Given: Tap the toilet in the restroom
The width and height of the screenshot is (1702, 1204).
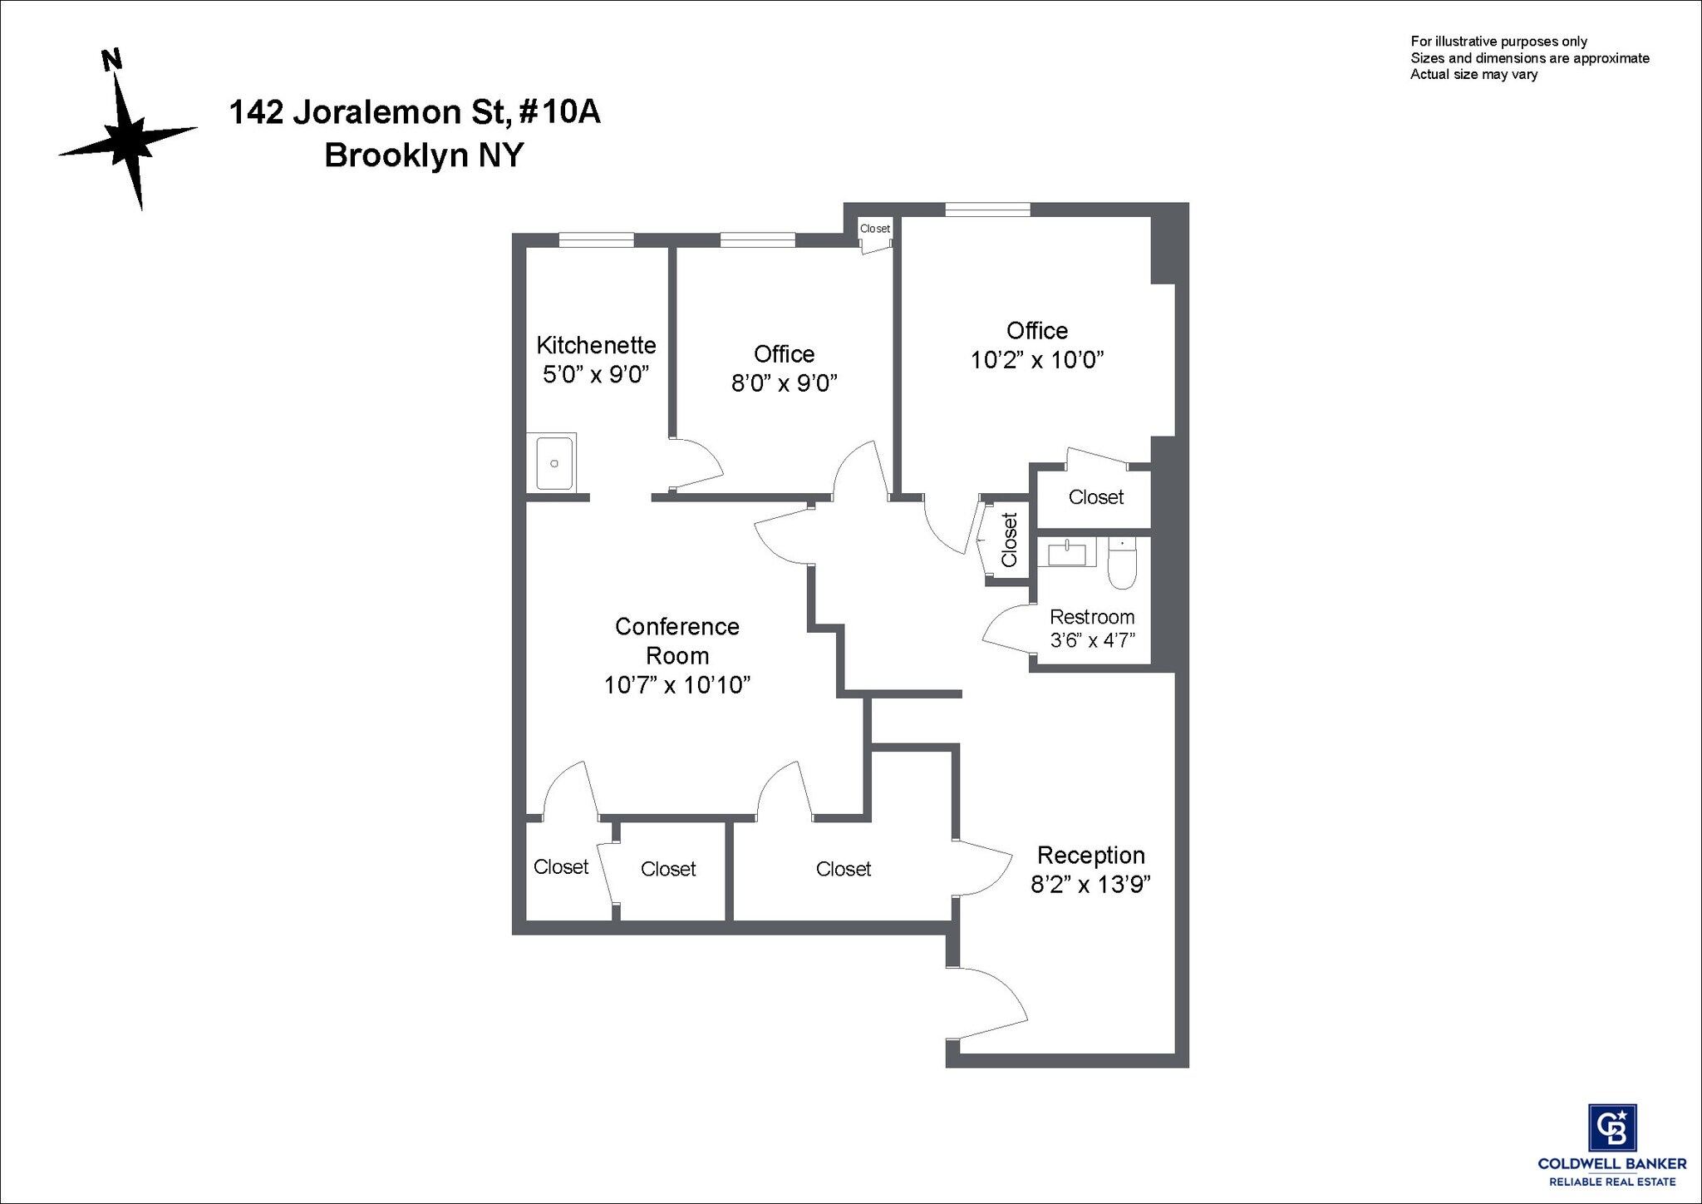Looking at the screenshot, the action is tap(1122, 565).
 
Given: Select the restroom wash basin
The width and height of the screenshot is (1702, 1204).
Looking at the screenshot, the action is tap(1067, 552).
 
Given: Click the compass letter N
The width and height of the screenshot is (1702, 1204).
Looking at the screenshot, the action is tap(111, 60).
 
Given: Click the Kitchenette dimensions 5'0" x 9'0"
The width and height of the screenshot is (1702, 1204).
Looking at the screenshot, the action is tap(596, 374).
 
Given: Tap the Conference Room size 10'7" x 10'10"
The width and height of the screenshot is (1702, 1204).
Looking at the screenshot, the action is tap(677, 685).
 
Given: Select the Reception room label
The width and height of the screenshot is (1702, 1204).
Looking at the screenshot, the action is tap(1090, 855).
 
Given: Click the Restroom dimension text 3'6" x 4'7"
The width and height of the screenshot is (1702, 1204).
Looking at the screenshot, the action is tap(1093, 640).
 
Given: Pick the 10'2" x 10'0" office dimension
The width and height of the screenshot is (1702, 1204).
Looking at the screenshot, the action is tap(1037, 360).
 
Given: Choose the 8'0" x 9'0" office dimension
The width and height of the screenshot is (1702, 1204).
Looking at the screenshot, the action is tap(784, 383).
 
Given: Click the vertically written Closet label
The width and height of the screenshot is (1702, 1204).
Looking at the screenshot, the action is tap(1009, 540).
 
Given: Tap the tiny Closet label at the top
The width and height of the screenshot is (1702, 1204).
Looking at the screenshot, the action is tap(875, 229).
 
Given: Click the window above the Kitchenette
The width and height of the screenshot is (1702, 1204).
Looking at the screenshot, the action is tap(596, 240).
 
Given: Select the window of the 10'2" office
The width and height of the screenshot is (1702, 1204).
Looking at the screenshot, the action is tap(987, 210).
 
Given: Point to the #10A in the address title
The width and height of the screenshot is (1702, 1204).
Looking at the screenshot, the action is tap(559, 111).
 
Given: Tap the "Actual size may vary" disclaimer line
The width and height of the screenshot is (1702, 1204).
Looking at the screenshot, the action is tap(1474, 75).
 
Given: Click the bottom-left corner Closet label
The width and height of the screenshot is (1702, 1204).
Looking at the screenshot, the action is tap(561, 867).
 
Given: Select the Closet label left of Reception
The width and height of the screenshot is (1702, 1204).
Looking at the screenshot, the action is tap(844, 869).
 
